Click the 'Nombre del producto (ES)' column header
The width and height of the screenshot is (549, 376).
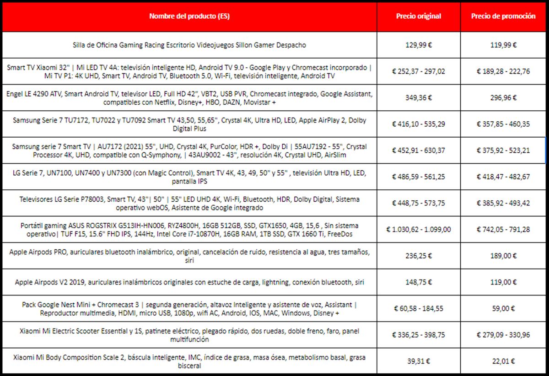[x=189, y=16]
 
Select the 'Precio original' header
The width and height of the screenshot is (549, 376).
[x=418, y=16]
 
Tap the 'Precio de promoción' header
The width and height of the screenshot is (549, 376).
[x=503, y=16]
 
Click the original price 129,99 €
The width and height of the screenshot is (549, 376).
[x=418, y=45]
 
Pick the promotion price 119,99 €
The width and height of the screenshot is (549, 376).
[x=503, y=45]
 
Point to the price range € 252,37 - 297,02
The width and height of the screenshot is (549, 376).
[x=418, y=71]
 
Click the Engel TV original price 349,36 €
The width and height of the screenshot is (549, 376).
[x=418, y=98]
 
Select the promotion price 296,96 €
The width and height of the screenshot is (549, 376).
[x=503, y=98]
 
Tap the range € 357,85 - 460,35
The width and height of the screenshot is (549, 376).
[x=503, y=124]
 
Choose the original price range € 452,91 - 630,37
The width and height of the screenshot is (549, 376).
[x=418, y=150]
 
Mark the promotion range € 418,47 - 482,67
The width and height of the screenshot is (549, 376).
[x=503, y=177]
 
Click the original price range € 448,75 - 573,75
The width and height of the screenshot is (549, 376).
[x=418, y=204]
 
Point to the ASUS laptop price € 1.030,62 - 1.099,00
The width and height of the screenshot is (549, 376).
[x=418, y=230]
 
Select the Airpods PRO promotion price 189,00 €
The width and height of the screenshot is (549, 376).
[x=503, y=256]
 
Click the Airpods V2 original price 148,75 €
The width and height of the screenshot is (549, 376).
[x=418, y=283]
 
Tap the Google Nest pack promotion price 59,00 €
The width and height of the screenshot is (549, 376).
[x=503, y=309]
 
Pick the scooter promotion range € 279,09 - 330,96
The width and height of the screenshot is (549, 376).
[x=503, y=335]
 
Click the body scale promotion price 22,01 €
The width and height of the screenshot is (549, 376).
[x=503, y=361]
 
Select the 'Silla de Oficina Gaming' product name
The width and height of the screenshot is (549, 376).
[x=189, y=45]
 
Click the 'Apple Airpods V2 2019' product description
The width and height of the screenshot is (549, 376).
[x=189, y=283]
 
